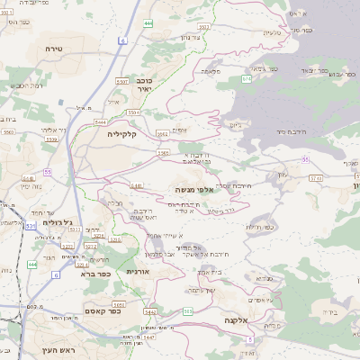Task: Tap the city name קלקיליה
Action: click(x=121, y=133)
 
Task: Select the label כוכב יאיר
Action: click(x=143, y=85)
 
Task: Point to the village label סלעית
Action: click(x=272, y=33)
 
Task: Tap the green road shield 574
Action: click(x=246, y=79)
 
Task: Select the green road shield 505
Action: click(x=188, y=311)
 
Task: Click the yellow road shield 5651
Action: click(x=117, y=305)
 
